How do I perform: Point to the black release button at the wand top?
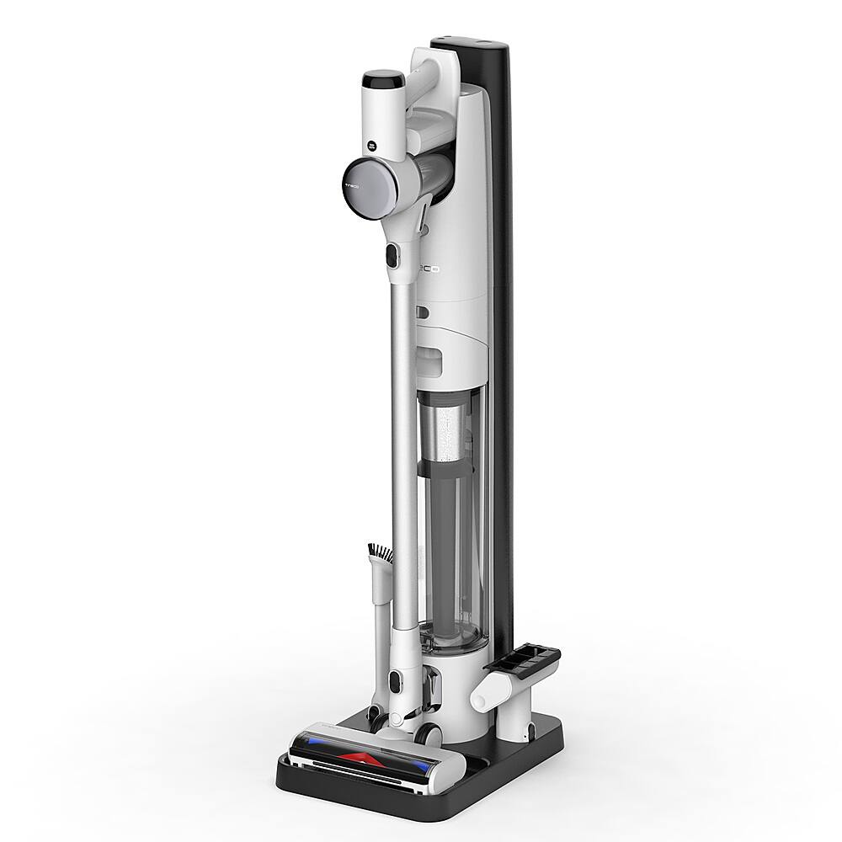tap(392, 254)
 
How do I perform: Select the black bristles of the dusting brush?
tap(379, 554)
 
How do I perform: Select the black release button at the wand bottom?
tap(394, 679)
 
